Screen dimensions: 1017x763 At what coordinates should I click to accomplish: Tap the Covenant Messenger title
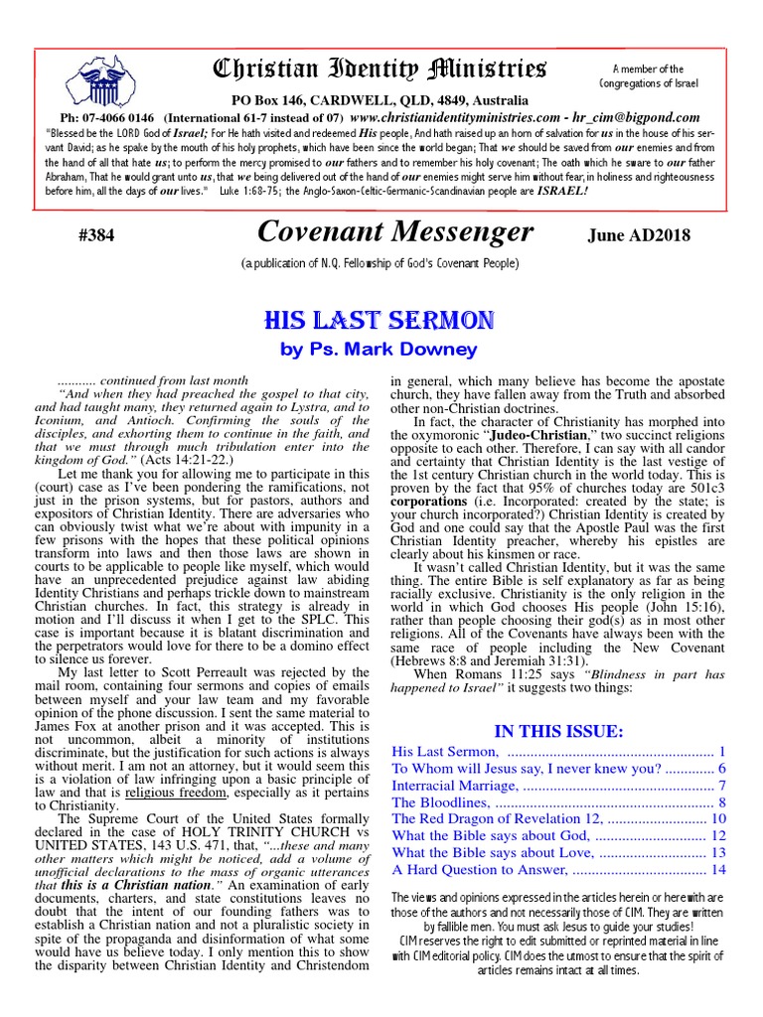click(x=394, y=231)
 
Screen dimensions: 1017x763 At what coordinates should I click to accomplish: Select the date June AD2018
click(x=638, y=236)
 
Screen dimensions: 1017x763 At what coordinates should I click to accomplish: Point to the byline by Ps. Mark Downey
click(x=381, y=350)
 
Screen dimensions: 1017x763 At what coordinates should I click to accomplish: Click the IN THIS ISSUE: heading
click(x=558, y=731)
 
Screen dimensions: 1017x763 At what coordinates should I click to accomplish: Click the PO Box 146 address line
click(x=381, y=99)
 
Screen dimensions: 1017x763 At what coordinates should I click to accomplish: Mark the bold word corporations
click(x=431, y=502)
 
